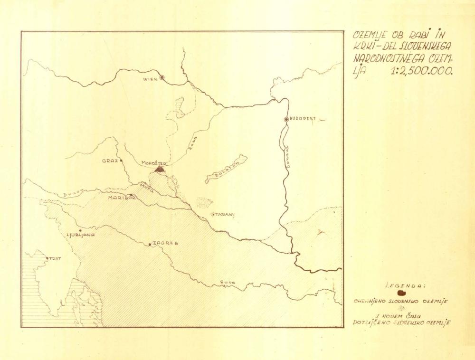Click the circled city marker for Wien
pos(162,77)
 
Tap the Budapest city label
pos(303,119)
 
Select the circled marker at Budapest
pos(286,119)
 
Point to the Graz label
pos(110,161)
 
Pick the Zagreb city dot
pos(150,245)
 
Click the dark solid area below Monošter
pos(160,168)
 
